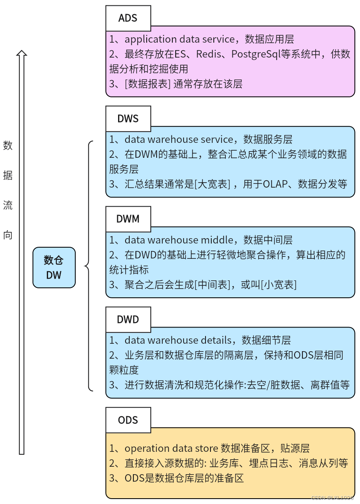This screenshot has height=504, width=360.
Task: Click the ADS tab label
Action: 128,18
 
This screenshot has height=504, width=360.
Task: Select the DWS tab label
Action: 128,119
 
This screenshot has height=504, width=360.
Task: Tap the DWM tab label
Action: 128,219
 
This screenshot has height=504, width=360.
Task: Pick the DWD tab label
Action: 128,320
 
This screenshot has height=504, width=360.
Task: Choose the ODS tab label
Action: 128,420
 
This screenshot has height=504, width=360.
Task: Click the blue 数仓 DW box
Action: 54,268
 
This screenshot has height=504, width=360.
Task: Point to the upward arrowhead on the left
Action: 22,54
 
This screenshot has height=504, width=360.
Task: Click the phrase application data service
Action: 179,39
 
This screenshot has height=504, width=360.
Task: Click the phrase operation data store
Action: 171,449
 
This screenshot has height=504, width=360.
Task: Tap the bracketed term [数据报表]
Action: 147,84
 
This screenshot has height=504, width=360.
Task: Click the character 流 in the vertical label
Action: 8,205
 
